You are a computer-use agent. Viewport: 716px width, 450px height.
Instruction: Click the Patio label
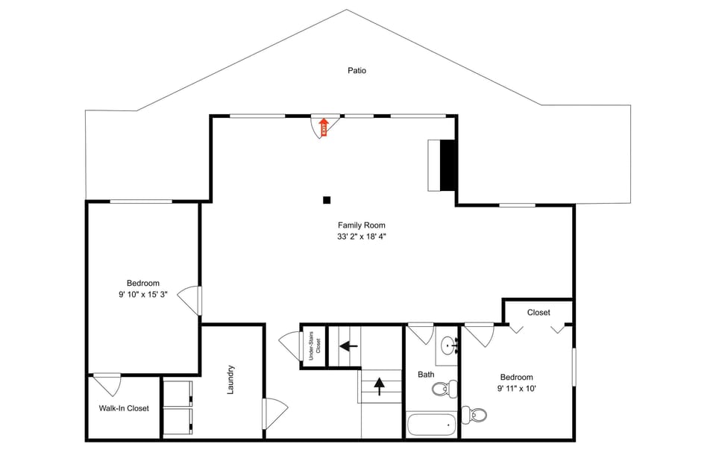coord(357,71)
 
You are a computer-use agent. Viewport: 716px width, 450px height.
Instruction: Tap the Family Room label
coord(362,225)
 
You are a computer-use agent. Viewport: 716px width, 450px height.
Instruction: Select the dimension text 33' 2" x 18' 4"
coord(362,237)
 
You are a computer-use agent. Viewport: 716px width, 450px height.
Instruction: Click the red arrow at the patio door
coord(323,127)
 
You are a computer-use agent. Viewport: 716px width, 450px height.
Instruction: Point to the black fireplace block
coord(447,165)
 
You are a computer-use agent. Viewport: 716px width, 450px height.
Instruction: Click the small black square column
coord(327,200)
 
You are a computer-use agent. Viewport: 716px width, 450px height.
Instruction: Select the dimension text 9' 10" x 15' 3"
coord(143,294)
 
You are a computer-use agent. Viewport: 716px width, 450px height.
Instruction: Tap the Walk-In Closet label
coord(124,408)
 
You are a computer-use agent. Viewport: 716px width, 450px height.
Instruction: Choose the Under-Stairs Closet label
coord(315,345)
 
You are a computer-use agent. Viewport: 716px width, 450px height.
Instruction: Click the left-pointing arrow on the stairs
coord(347,346)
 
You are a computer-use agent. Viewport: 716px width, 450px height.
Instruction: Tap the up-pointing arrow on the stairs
coord(379,386)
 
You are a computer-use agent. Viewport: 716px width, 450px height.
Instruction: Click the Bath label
coord(426,375)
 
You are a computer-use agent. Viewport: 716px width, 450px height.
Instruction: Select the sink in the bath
coord(449,346)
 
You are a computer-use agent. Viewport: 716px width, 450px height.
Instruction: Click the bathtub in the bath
coord(432,425)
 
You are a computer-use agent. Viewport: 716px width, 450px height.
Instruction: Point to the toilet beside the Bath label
coord(447,388)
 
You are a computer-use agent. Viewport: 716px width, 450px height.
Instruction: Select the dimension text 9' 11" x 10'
coord(516,389)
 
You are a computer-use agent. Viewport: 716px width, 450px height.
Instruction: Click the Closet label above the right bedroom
coord(538,312)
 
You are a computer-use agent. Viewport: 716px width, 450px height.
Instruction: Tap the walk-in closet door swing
coord(108,384)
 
